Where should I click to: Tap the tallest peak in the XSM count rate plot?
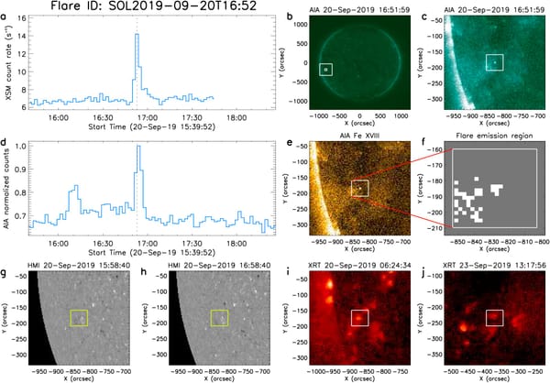point(137,36)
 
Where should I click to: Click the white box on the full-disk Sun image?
point(325,70)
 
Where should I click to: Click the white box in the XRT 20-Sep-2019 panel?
point(357,317)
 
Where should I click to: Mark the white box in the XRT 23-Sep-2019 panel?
point(495,317)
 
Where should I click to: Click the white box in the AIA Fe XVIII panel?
point(360,188)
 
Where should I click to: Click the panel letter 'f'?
point(430,143)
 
